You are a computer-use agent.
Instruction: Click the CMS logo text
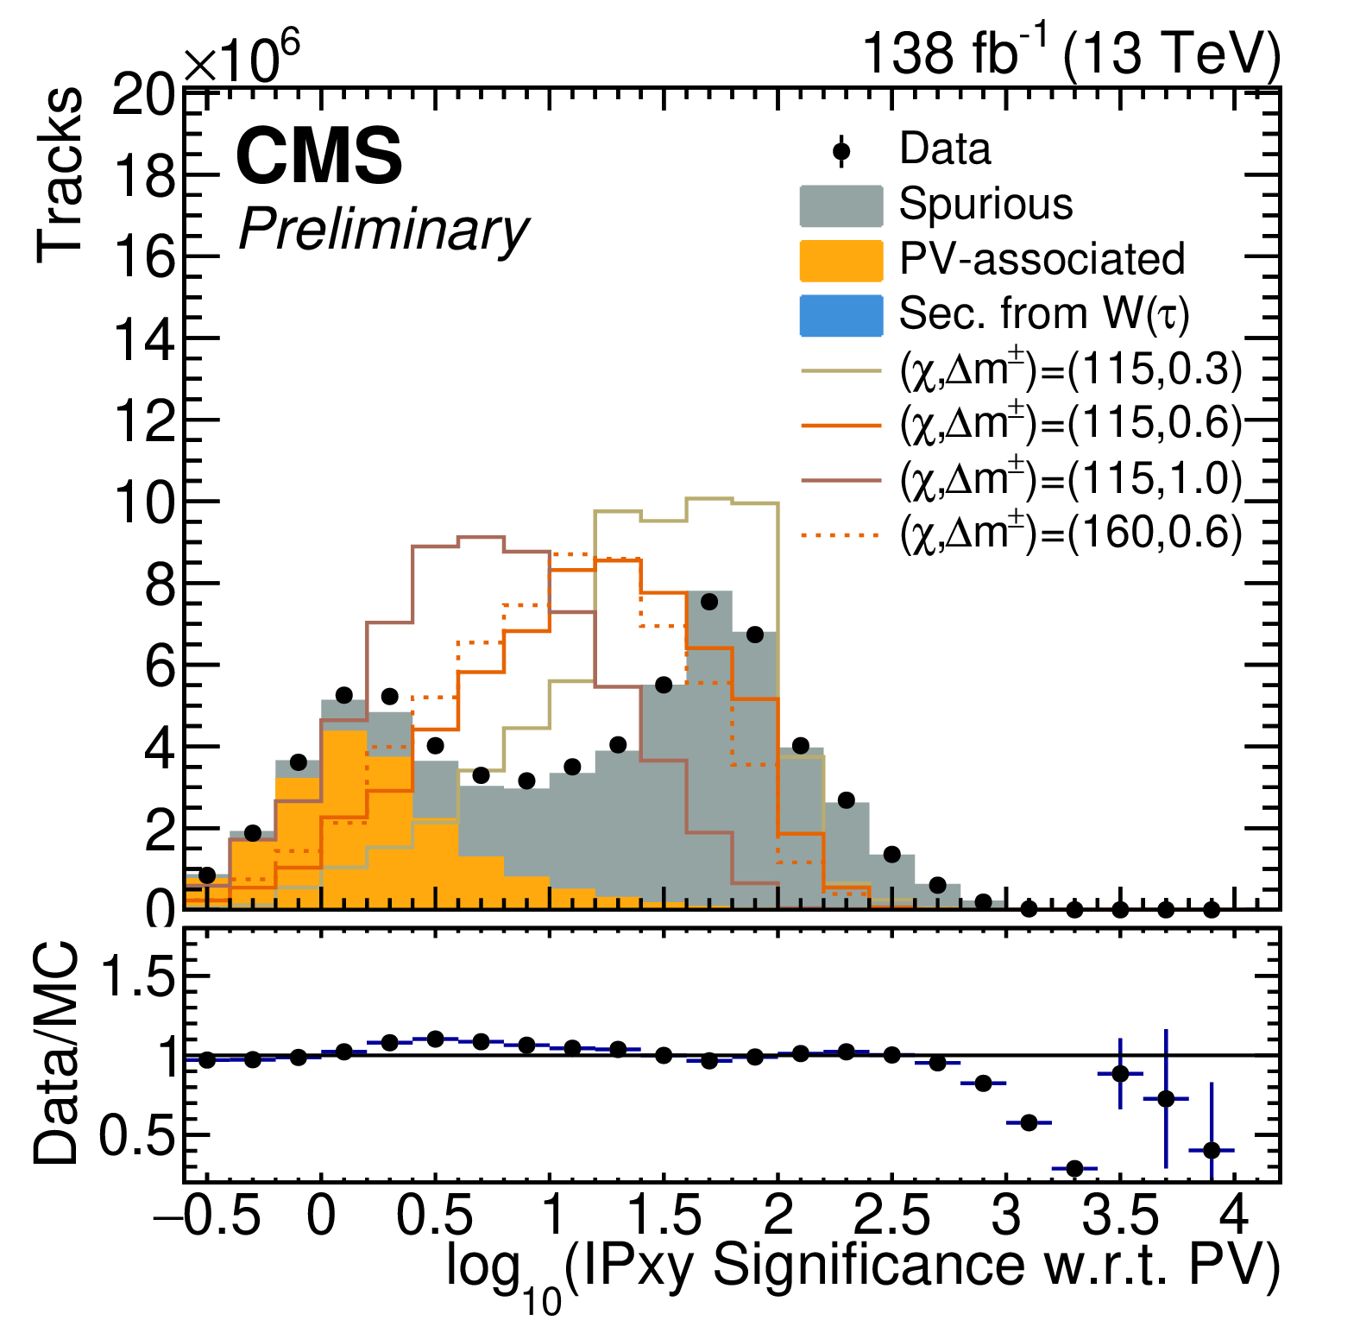[x=318, y=155]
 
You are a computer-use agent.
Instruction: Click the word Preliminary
[x=383, y=230]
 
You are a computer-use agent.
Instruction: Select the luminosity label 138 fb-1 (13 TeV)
[x=1070, y=54]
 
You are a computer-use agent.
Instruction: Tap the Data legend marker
[x=841, y=152]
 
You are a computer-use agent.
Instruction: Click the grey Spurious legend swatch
[x=841, y=206]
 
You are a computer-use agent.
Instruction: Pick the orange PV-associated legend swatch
[x=841, y=261]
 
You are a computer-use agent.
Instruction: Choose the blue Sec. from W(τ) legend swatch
[x=841, y=315]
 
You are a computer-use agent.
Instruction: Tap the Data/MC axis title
[x=57, y=1053]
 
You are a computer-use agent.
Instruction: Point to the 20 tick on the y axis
[x=143, y=95]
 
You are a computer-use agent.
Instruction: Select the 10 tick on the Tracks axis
[x=143, y=503]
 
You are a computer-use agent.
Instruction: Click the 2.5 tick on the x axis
[x=891, y=1216]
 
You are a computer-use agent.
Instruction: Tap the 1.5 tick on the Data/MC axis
[x=138, y=977]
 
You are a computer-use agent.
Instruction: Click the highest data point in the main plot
[x=709, y=602]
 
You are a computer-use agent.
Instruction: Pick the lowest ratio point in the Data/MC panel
[x=1074, y=1169]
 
